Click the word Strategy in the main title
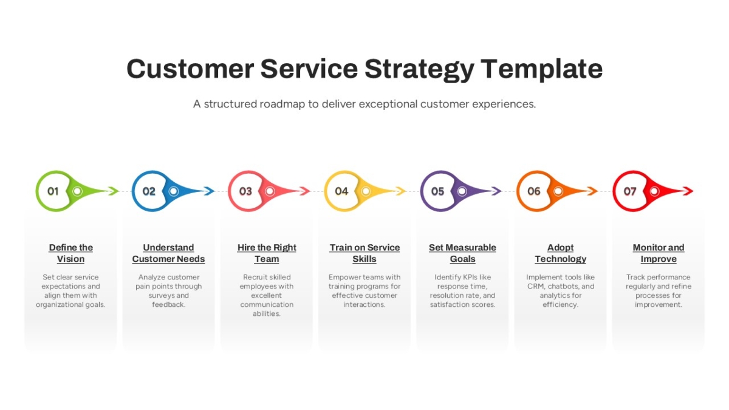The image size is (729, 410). click(x=419, y=70)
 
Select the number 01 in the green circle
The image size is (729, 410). click(x=53, y=191)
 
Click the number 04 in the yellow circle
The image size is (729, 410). click(x=341, y=191)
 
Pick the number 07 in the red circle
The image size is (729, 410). click(x=630, y=191)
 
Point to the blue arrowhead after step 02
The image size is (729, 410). click(x=209, y=191)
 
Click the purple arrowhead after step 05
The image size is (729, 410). click(x=496, y=191)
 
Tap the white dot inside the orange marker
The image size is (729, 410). click(x=558, y=191)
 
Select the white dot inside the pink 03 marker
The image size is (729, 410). click(x=270, y=191)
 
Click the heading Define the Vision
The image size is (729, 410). click(x=70, y=253)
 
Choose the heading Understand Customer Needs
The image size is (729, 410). click(x=169, y=253)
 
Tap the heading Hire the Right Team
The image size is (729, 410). click(x=267, y=253)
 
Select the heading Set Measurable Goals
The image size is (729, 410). click(x=462, y=253)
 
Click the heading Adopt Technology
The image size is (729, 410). click(x=560, y=253)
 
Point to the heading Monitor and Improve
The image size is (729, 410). click(x=659, y=253)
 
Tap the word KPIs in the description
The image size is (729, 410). click(x=462, y=277)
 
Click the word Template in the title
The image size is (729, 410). click(x=541, y=70)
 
